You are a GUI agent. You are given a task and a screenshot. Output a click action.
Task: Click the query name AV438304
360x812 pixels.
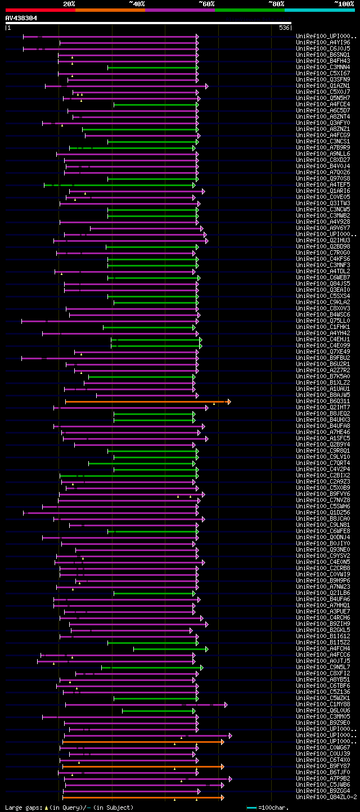click(21, 18)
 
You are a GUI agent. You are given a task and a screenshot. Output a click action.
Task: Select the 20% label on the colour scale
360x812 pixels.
click(69, 3)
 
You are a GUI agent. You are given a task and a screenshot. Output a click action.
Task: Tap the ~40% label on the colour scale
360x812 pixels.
click(137, 3)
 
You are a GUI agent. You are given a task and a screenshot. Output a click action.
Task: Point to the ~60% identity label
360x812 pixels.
click(206, 3)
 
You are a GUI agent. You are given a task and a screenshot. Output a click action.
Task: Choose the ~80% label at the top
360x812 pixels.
click(276, 3)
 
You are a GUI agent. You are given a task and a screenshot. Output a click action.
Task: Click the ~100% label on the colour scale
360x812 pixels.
click(344, 3)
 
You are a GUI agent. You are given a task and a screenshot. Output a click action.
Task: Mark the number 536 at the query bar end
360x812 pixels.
click(284, 28)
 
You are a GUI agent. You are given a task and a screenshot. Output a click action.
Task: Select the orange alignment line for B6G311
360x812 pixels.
click(146, 402)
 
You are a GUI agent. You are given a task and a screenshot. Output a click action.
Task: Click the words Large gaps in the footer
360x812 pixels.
click(22, 808)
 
